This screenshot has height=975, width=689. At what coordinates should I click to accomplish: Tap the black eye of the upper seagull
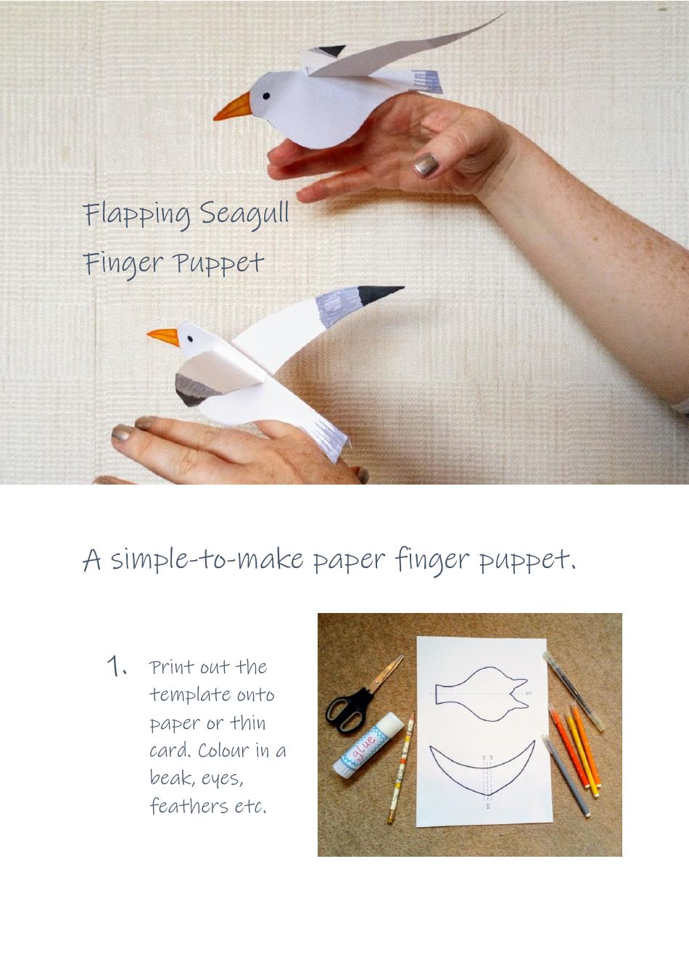266,96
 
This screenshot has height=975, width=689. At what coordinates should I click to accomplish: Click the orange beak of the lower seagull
163,337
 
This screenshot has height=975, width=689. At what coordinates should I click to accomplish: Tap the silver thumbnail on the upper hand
426,165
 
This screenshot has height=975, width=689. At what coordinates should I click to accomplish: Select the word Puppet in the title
218,263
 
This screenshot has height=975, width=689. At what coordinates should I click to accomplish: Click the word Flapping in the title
136,215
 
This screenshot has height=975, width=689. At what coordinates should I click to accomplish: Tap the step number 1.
116,666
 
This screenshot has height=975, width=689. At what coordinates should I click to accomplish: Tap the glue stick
367,744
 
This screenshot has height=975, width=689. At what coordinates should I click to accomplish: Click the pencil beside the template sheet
402,769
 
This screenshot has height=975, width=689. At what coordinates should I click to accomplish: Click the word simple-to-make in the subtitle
207,559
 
